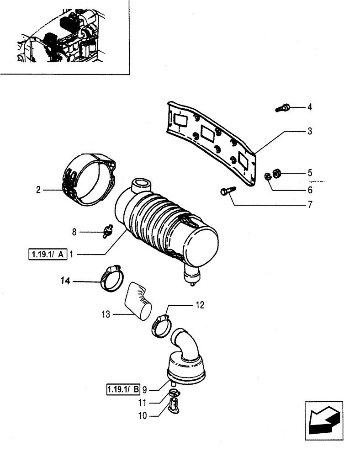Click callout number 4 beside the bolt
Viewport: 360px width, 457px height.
pos(309,108)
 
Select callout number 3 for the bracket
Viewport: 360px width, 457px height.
pos(309,132)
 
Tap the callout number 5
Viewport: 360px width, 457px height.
pos(309,173)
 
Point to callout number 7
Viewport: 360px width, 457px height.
pos(309,205)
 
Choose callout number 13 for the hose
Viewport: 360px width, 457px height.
pos(106,314)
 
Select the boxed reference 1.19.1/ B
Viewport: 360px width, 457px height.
pos(122,390)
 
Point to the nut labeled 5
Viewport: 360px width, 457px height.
pos(277,173)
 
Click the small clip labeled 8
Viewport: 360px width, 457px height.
pos(108,232)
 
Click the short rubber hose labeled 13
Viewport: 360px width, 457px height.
pos(138,300)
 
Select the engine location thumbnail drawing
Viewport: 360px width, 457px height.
pos(64,37)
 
